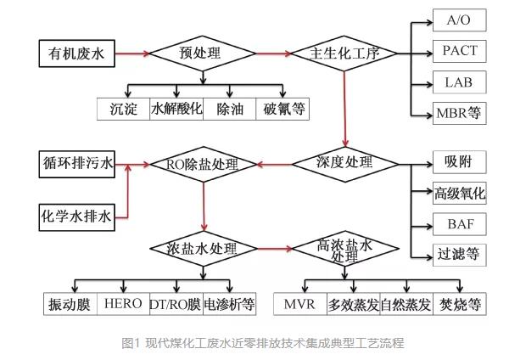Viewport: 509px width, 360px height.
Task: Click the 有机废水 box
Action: click(x=76, y=53)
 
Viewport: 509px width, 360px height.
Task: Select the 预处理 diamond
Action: click(x=201, y=53)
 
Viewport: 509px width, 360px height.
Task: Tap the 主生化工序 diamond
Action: click(x=344, y=53)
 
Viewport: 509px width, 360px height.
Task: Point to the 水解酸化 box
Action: click(x=176, y=109)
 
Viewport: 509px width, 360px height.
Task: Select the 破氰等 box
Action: click(x=283, y=109)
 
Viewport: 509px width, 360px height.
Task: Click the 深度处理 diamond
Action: click(x=345, y=162)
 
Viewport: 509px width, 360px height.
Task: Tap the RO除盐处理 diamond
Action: click(x=204, y=164)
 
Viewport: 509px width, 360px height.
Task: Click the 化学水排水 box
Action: click(x=77, y=215)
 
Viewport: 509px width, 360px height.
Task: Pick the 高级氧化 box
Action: click(x=459, y=194)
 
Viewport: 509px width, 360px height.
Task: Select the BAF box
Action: click(x=459, y=224)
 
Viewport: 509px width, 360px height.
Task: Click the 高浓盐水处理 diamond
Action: click(x=345, y=250)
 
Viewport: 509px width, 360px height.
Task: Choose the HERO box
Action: click(x=122, y=303)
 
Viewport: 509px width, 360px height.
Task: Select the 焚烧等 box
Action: click(x=460, y=303)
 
